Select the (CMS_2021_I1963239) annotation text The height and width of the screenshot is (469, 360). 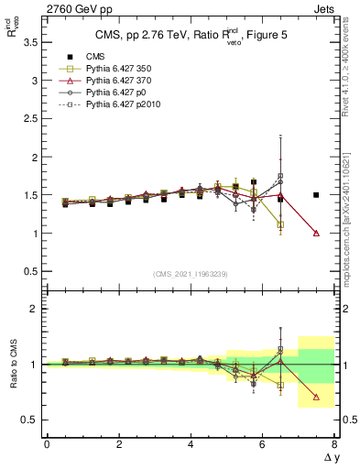coord(191,274)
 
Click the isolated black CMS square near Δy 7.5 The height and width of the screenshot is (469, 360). coord(316,194)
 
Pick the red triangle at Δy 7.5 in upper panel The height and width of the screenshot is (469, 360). coord(316,233)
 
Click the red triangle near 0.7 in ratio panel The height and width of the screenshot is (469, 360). coord(316,397)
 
